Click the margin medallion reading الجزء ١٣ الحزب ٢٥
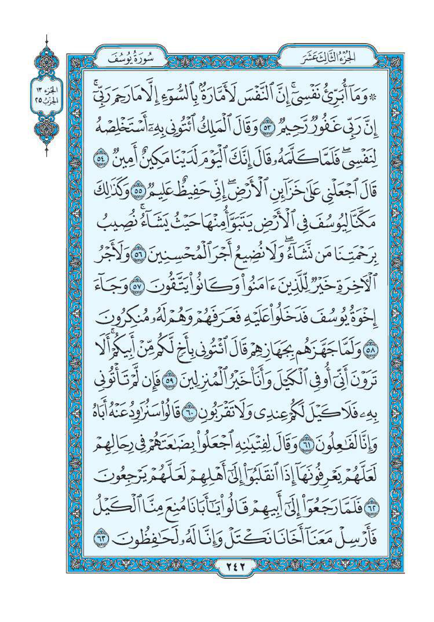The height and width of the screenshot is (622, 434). coord(46,96)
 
